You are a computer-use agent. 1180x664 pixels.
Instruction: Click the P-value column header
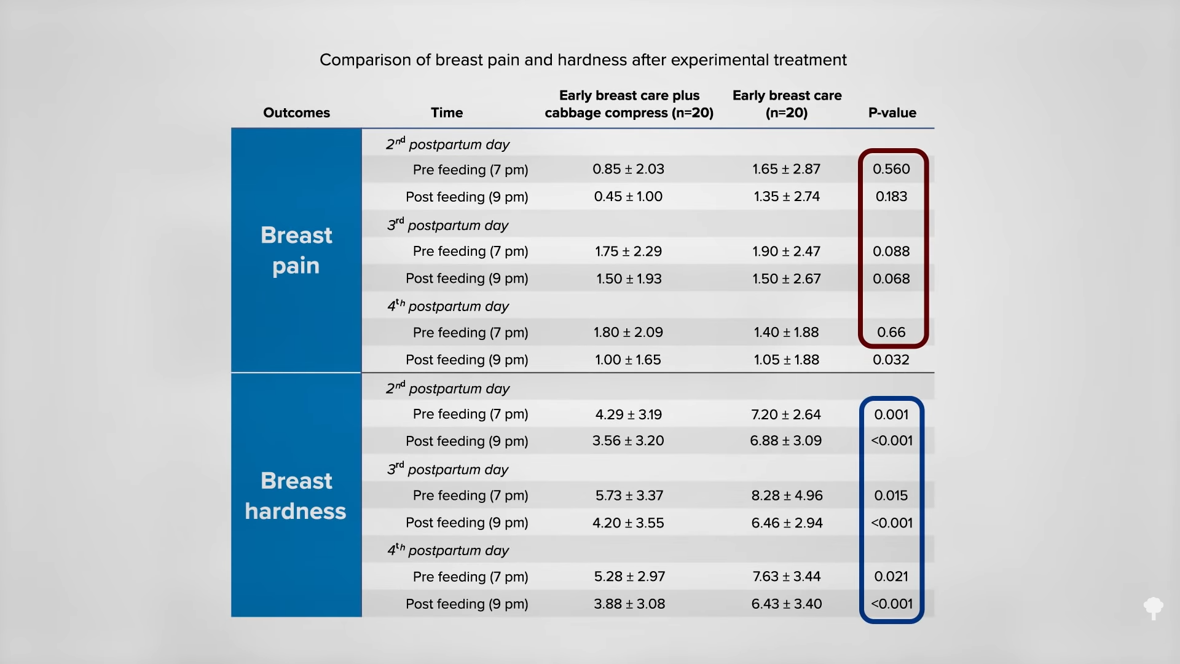point(892,113)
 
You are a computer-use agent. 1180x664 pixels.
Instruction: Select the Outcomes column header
point(296,113)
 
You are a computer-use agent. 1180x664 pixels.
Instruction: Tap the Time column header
point(447,113)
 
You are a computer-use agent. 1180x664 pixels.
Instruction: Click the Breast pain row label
point(296,250)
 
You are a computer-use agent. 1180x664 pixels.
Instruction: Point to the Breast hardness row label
point(296,496)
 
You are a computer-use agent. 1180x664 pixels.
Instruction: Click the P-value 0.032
point(891,360)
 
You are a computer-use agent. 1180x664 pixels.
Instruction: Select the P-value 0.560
point(891,169)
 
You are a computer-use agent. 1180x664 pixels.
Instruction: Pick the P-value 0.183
point(891,196)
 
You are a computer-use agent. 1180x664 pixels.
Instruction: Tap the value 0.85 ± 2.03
point(628,169)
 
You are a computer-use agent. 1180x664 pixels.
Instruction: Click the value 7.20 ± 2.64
point(786,414)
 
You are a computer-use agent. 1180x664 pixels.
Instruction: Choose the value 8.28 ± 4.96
point(787,496)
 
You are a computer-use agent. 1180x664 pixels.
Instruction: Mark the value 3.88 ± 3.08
point(629,604)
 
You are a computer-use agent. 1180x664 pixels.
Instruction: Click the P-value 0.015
point(891,496)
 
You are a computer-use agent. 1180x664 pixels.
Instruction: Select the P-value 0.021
point(891,576)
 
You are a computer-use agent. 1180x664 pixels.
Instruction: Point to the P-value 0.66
point(891,332)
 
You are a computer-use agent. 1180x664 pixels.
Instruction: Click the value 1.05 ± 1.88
point(787,360)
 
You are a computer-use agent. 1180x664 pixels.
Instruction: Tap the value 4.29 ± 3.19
point(629,414)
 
